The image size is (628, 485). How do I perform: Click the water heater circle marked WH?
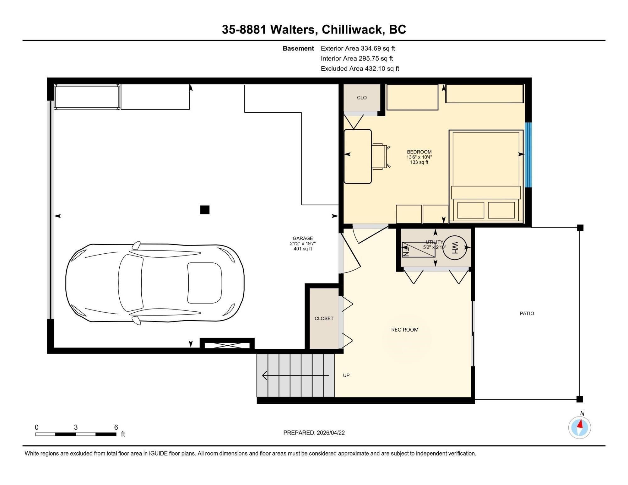point(455,248)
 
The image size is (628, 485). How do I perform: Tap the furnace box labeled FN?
point(414,250)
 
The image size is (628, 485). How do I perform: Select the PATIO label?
point(527,313)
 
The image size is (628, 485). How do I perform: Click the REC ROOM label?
point(405,330)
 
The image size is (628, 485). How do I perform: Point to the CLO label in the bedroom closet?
point(362,98)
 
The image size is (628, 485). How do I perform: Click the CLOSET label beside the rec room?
point(324,318)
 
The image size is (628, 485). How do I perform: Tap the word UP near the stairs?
point(346,375)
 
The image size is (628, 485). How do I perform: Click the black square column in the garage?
point(205,210)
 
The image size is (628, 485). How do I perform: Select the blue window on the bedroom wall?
point(528,154)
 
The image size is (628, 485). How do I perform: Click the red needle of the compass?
point(581,425)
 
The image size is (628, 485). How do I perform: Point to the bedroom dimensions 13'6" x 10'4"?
point(419,157)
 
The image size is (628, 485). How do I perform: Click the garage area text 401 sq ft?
point(303,249)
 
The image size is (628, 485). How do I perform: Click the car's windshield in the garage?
point(204,283)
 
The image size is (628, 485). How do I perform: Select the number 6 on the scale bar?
point(116,427)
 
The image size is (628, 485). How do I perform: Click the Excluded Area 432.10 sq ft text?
point(360,68)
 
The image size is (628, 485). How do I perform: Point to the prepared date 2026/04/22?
point(331,433)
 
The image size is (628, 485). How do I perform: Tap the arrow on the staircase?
point(295,375)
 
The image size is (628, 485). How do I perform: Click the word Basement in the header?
point(298,48)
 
